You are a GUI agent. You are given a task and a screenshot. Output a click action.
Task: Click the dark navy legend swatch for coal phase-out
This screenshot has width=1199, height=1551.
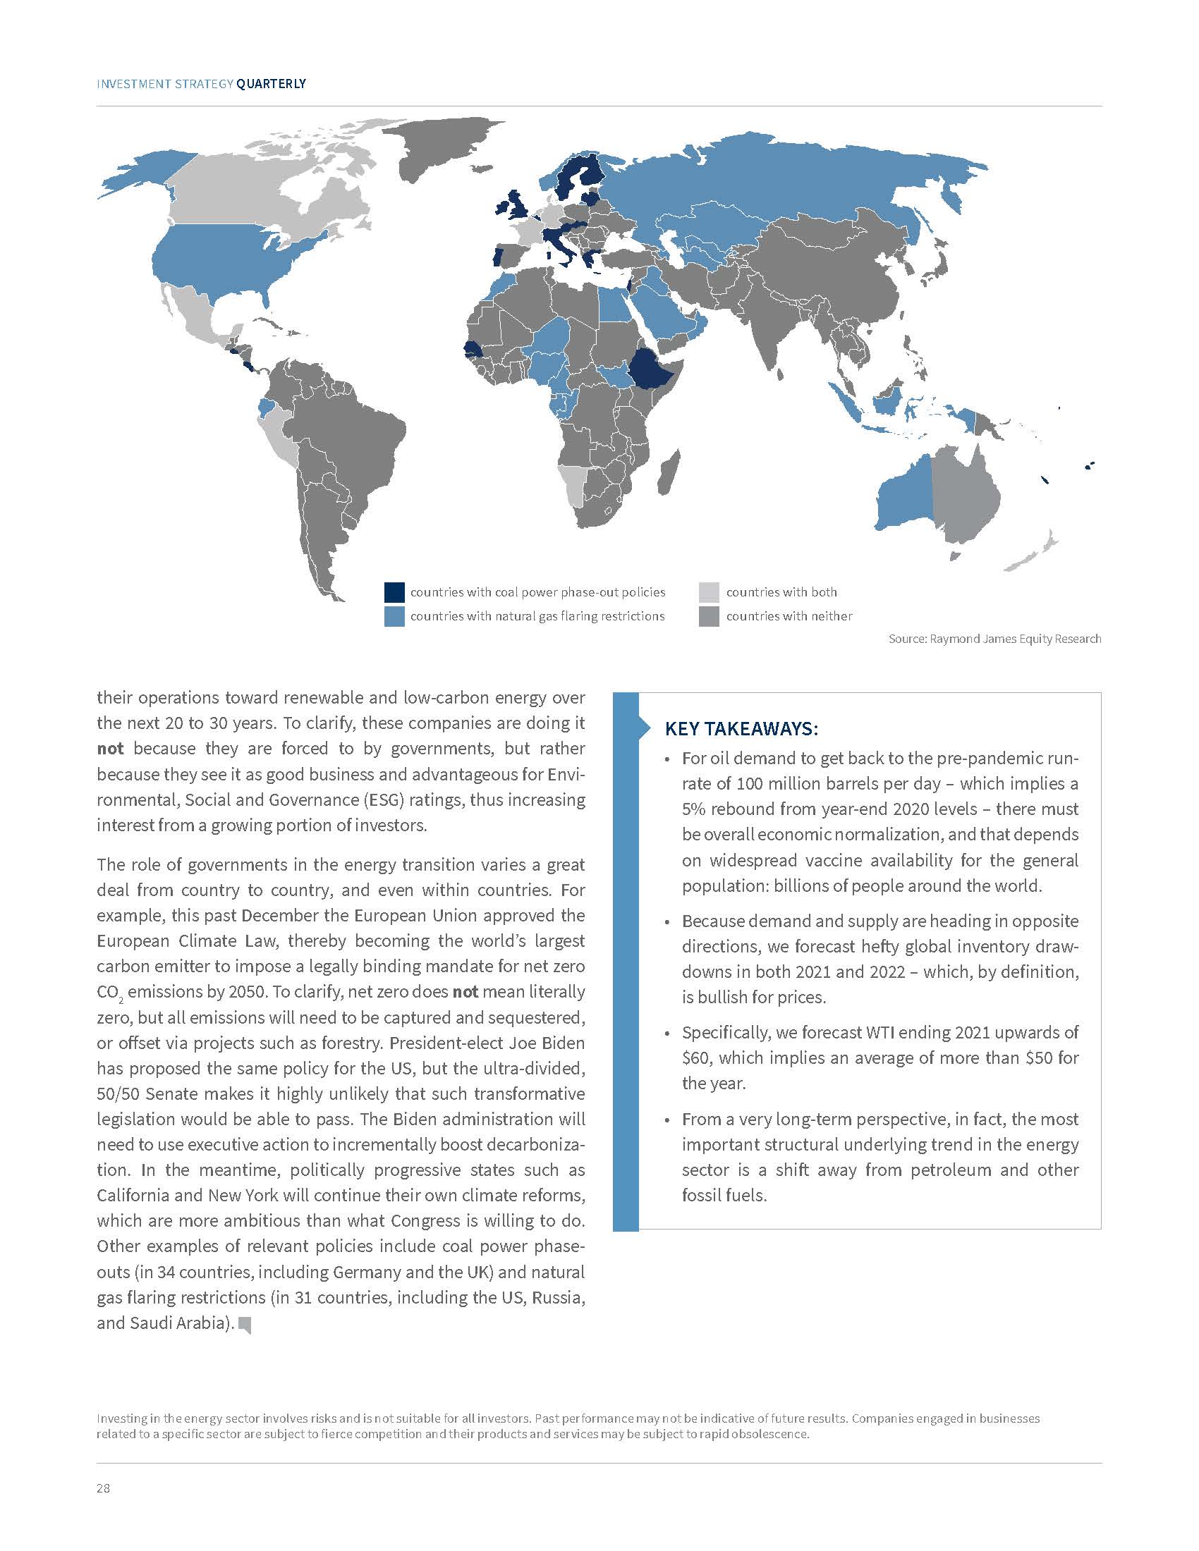(394, 592)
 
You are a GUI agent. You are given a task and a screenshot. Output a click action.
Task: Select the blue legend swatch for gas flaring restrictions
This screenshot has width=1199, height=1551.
(394, 616)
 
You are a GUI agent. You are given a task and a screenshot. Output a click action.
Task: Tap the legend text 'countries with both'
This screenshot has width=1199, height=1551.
(781, 592)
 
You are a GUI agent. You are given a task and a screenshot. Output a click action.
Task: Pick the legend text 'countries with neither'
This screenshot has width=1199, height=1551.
(789, 616)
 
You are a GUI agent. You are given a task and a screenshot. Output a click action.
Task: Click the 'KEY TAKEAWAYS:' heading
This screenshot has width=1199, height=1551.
(741, 729)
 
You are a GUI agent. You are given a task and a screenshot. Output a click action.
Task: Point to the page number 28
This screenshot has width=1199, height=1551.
(104, 1488)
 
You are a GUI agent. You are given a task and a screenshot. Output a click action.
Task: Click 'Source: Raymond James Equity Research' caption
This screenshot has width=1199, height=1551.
(994, 639)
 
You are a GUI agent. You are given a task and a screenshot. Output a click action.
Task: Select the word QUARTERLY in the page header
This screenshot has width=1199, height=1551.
(272, 84)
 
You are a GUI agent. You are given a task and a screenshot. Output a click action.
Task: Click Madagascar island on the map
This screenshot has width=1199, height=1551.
(669, 472)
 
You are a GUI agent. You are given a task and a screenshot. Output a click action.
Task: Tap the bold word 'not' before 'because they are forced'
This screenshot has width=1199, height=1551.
(110, 749)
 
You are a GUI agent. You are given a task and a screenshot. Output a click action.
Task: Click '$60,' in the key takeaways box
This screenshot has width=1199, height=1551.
(696, 1058)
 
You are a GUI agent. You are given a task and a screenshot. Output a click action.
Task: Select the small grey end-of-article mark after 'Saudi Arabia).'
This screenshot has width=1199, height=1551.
(245, 1325)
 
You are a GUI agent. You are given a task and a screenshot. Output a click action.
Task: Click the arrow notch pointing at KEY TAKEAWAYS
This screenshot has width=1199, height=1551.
(645, 728)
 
